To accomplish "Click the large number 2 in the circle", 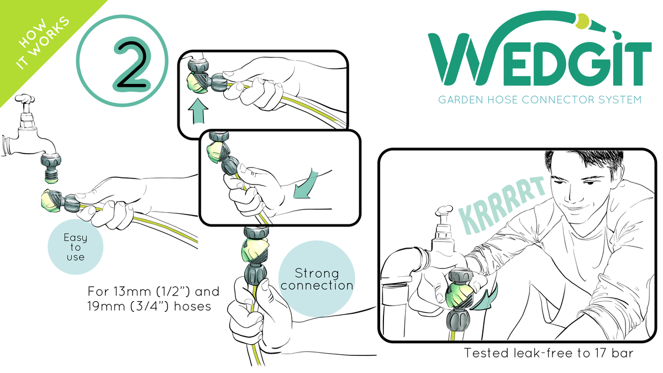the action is [130, 64].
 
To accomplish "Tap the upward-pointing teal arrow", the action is [198, 111].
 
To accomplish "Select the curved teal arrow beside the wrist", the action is [306, 183].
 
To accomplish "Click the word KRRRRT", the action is [502, 206].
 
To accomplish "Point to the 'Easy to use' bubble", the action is [76, 247].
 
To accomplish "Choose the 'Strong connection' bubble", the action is [317, 279].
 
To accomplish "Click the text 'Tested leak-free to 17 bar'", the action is [549, 353].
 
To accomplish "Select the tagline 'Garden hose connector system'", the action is [540, 100].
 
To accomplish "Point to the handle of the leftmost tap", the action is [25, 99].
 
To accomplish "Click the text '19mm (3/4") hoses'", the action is [150, 306].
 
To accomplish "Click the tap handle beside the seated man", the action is [444, 212].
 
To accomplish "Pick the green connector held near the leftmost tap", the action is [53, 201].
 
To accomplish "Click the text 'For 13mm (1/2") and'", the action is [154, 292].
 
